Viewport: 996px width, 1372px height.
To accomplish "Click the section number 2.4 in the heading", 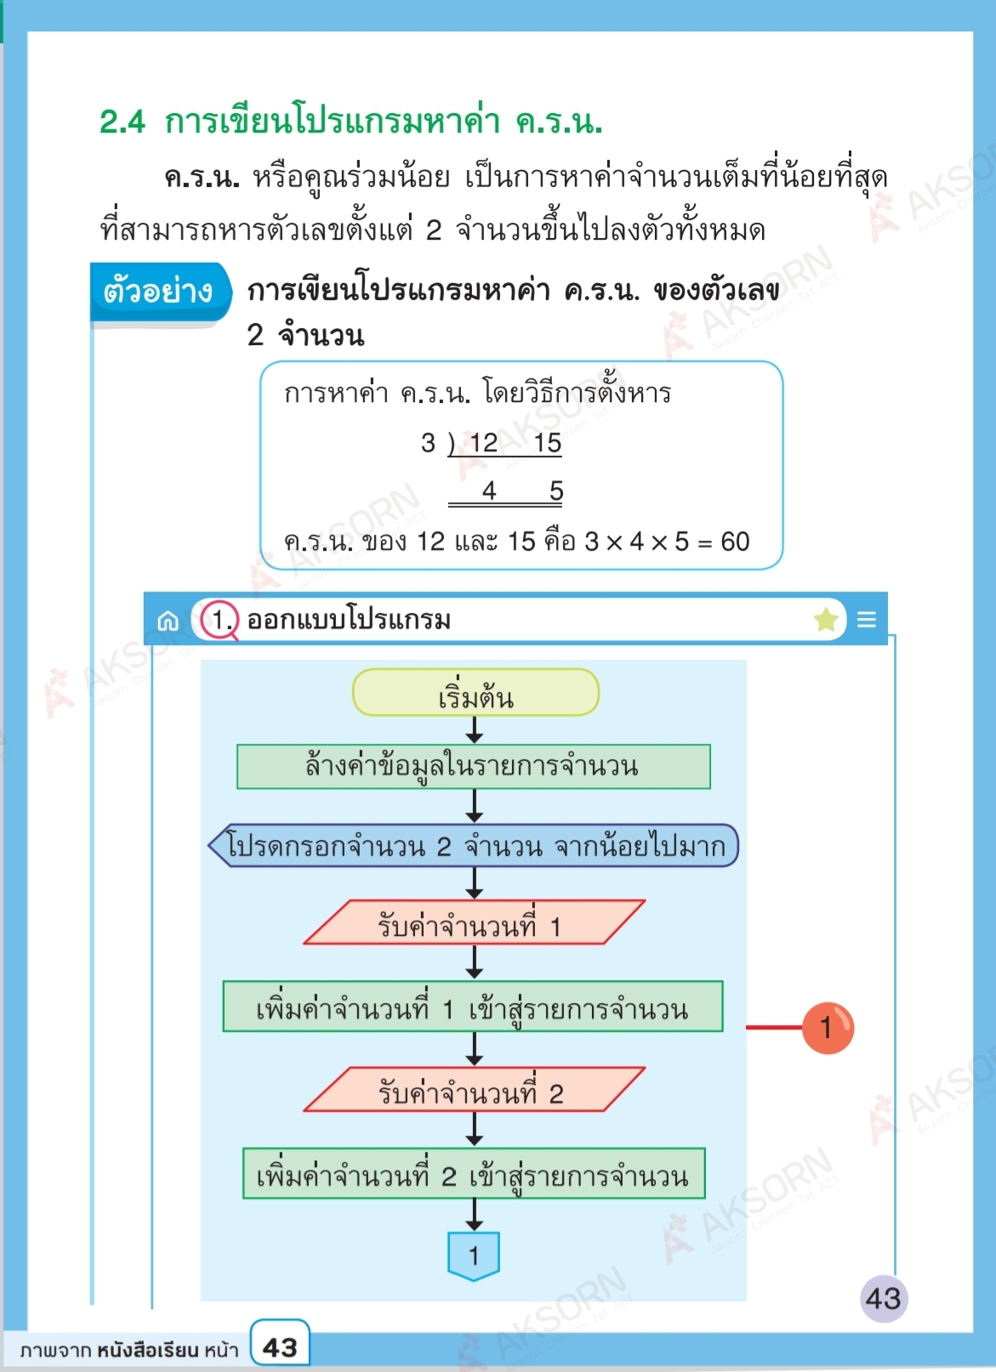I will [x=122, y=122].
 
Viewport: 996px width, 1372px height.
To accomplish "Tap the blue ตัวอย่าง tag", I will [x=159, y=292].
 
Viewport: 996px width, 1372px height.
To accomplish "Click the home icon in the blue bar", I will [x=168, y=621].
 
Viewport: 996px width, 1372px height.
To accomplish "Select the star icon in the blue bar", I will [x=826, y=620].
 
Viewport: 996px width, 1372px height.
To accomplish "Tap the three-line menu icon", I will [x=867, y=620].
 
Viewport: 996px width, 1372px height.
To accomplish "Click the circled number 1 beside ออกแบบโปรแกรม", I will [x=220, y=620].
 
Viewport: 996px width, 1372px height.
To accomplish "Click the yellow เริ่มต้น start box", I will [x=475, y=693].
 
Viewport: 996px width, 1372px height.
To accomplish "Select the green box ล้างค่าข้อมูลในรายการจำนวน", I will [x=473, y=767].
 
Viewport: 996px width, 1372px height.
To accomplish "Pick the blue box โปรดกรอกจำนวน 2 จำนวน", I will [x=475, y=846].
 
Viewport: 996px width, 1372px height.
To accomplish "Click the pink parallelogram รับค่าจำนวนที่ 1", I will [x=473, y=923].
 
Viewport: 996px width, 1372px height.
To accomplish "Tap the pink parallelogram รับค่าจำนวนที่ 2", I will [x=473, y=1091].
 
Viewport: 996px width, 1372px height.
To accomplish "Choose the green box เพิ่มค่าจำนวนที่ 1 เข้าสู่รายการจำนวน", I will [x=473, y=1007].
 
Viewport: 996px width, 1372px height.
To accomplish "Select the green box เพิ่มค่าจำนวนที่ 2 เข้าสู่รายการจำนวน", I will [x=474, y=1174].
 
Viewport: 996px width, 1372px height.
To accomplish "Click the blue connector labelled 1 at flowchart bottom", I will [x=474, y=1255].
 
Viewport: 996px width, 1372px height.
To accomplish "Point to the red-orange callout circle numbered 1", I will [x=827, y=1028].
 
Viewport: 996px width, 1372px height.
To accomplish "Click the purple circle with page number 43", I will [x=883, y=1298].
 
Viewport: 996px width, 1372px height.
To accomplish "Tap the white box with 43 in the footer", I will [x=280, y=1346].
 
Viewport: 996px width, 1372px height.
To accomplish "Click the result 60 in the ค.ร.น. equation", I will [x=735, y=541].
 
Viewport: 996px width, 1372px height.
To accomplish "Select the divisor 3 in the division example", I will [x=428, y=443].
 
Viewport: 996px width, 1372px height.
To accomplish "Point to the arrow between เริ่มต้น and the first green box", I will [x=475, y=730].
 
